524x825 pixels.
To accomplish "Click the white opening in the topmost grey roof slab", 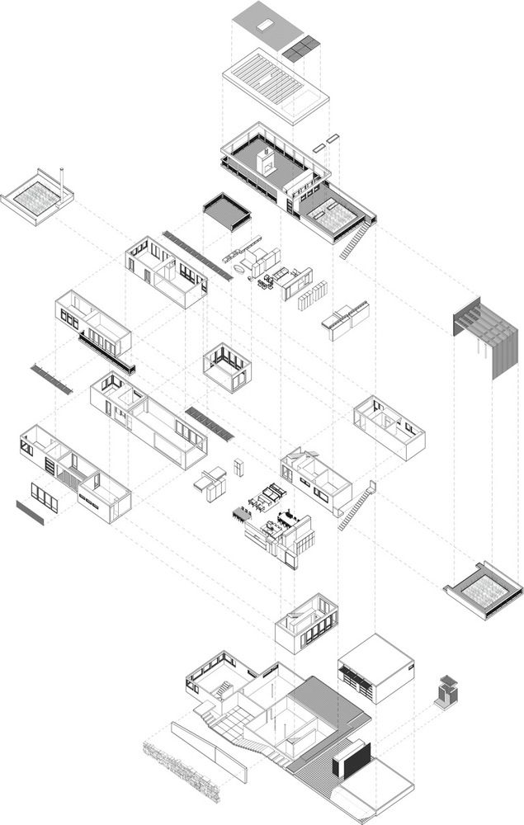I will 263,25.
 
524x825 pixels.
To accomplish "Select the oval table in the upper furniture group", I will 238,269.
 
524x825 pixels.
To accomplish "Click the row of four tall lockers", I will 314,296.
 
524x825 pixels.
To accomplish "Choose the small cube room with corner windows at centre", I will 227,367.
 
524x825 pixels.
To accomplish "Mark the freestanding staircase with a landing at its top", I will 357,504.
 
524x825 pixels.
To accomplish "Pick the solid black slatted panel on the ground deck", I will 351,758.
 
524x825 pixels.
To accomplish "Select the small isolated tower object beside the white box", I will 446,691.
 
